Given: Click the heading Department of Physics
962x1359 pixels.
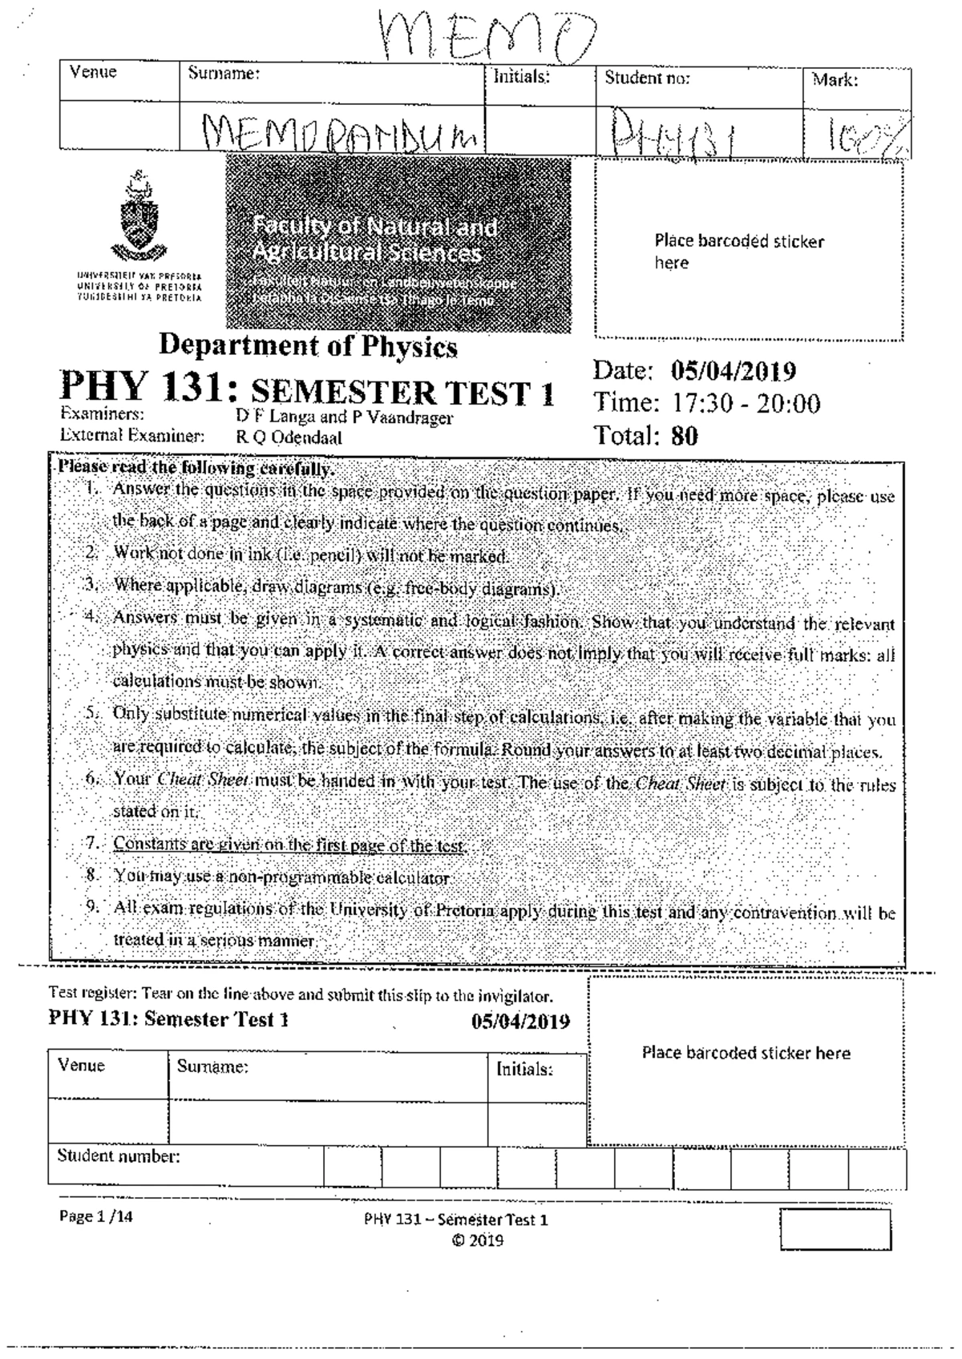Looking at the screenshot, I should tap(308, 346).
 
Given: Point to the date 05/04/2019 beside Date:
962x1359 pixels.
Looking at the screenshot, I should tap(733, 371).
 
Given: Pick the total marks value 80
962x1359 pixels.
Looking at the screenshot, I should tap(684, 436).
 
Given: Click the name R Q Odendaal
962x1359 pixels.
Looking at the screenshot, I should tap(288, 438).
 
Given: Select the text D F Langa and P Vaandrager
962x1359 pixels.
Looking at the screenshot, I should tap(343, 417).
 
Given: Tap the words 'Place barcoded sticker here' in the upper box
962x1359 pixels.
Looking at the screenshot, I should tap(738, 252).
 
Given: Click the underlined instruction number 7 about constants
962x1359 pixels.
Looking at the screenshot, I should tap(289, 845).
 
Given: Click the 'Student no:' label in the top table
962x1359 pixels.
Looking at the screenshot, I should tap(646, 79).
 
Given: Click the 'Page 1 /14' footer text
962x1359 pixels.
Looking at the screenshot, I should tap(96, 1216).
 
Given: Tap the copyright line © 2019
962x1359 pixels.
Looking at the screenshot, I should tap(476, 1240).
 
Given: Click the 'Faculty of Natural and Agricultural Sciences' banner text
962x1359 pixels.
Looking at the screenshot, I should tap(374, 240).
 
